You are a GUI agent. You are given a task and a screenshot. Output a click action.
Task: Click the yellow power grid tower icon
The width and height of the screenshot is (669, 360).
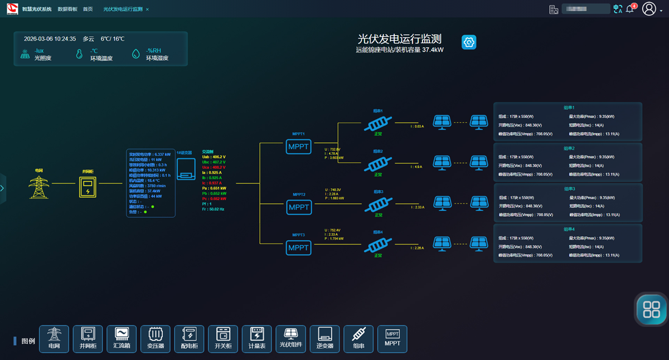pyautogui.click(x=38, y=187)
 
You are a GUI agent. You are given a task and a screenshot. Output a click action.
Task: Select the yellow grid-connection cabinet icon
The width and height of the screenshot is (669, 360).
pyautogui.click(x=87, y=187)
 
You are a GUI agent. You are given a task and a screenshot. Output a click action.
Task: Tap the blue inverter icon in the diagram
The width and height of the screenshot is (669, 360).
pyautogui.click(x=186, y=169)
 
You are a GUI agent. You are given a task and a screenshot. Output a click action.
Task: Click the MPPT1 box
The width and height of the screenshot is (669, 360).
pyautogui.click(x=299, y=147)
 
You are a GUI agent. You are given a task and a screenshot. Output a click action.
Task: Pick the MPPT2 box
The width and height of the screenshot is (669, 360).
pyautogui.click(x=299, y=207)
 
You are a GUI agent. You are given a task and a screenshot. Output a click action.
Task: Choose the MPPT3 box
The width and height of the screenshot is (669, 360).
pyautogui.click(x=299, y=247)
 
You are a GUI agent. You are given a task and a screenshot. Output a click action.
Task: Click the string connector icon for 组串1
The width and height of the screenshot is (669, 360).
pyautogui.click(x=378, y=124)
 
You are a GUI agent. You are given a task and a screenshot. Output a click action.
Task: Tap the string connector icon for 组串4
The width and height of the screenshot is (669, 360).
pyautogui.click(x=378, y=245)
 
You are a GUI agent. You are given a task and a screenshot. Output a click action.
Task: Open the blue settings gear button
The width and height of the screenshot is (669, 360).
pyautogui.click(x=469, y=42)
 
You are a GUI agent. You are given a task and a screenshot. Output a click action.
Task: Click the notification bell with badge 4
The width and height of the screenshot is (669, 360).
pyautogui.click(x=630, y=9)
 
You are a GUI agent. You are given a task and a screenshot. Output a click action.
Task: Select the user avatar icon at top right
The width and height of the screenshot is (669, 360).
pyautogui.click(x=649, y=9)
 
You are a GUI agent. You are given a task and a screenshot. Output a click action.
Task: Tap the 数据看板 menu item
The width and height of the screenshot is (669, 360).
pyautogui.click(x=67, y=9)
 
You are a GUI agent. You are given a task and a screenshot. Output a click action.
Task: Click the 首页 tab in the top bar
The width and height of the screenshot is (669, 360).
pyautogui.click(x=88, y=9)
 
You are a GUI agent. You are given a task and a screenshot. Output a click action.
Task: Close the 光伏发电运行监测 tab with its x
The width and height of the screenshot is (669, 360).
pyautogui.click(x=147, y=9)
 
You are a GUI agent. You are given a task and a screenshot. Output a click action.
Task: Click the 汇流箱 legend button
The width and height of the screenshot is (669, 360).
pyautogui.click(x=122, y=339)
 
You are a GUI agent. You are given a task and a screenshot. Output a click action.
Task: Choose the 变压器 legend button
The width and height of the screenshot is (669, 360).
pyautogui.click(x=156, y=339)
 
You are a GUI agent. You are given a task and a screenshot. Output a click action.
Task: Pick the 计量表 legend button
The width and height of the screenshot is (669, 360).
pyautogui.click(x=257, y=339)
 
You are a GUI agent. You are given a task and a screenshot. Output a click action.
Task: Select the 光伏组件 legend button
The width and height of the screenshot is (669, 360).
pyautogui.click(x=291, y=339)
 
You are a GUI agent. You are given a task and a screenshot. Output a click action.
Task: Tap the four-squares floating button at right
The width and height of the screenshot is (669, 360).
pyautogui.click(x=651, y=309)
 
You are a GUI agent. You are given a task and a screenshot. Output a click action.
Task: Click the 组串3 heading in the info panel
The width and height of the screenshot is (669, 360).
pyautogui.click(x=569, y=189)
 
